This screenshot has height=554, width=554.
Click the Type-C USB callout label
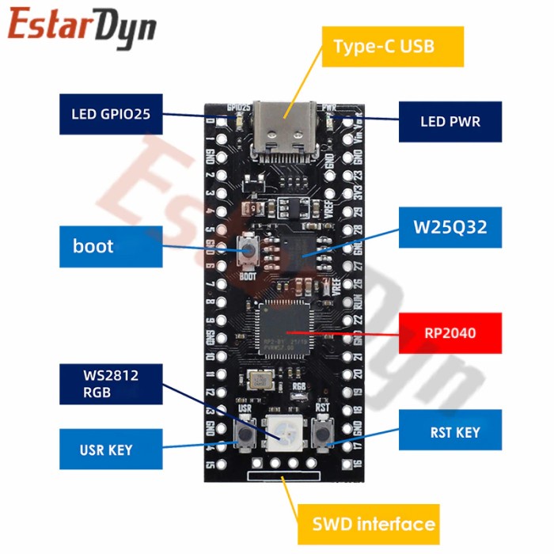click(x=384, y=46)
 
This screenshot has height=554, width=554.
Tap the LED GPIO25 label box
click(x=110, y=115)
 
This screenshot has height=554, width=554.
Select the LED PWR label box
click(x=450, y=122)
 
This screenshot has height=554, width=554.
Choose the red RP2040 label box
click(x=450, y=333)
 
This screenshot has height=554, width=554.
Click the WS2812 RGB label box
click(x=110, y=383)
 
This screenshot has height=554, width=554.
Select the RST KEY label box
click(x=450, y=432)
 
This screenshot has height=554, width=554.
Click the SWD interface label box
click(x=373, y=523)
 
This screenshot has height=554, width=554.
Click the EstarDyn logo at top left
click(x=82, y=25)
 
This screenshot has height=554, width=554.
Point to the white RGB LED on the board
click(x=282, y=433)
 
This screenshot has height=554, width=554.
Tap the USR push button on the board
click(x=245, y=433)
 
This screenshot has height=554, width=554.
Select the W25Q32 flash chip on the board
click(x=301, y=248)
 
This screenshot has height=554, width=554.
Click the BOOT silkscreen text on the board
click(x=247, y=278)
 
